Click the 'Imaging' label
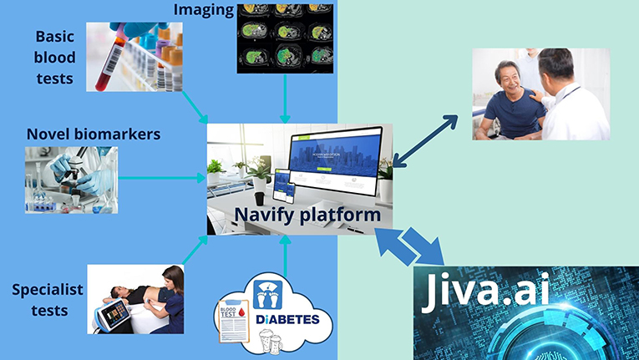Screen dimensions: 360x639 202,11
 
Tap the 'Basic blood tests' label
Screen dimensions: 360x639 55,58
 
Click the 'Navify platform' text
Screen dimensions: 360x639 307,215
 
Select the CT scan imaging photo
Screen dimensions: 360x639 285,38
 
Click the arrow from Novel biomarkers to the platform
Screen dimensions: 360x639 162,177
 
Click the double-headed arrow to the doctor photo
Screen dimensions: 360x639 427,137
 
